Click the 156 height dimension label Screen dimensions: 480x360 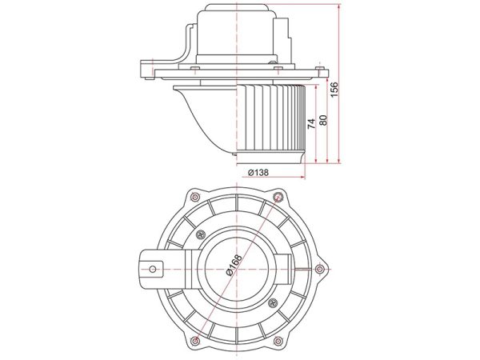(x=334, y=89)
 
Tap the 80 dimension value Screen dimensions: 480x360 (x=323, y=120)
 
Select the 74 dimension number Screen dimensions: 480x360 (x=311, y=123)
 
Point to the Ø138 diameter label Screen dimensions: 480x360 (x=258, y=173)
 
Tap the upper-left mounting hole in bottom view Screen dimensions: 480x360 (x=194, y=197)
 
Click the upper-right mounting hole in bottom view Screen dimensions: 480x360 (x=278, y=196)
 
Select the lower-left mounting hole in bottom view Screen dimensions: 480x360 (x=194, y=341)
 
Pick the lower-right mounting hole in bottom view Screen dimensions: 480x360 (x=278, y=341)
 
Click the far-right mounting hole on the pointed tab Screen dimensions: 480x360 (x=320, y=269)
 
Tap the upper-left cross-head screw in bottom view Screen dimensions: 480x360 (x=201, y=234)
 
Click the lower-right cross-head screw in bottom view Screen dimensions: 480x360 (x=273, y=303)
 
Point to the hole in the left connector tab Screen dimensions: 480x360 (x=153, y=270)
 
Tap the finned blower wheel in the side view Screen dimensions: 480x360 (x=271, y=118)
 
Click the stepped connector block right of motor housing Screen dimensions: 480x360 (x=283, y=40)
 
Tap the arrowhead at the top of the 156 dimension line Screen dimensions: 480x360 (x=339, y=6)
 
